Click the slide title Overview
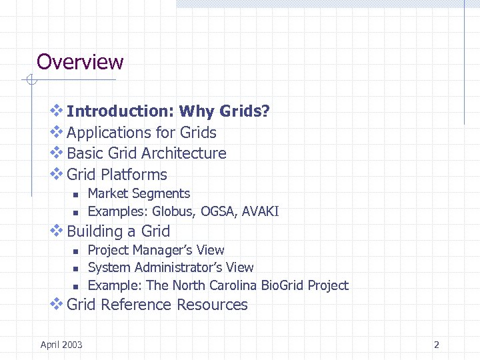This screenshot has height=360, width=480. pos(80,62)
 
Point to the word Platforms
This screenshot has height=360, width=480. pos(134,175)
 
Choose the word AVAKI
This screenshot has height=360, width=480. pos(260,212)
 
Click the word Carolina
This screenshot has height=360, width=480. pos(231,285)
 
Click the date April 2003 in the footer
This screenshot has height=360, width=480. pos(61,344)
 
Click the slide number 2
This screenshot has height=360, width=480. pos(437,345)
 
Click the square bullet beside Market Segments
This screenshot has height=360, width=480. pos(76,195)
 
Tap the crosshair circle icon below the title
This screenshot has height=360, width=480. pos(30,81)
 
